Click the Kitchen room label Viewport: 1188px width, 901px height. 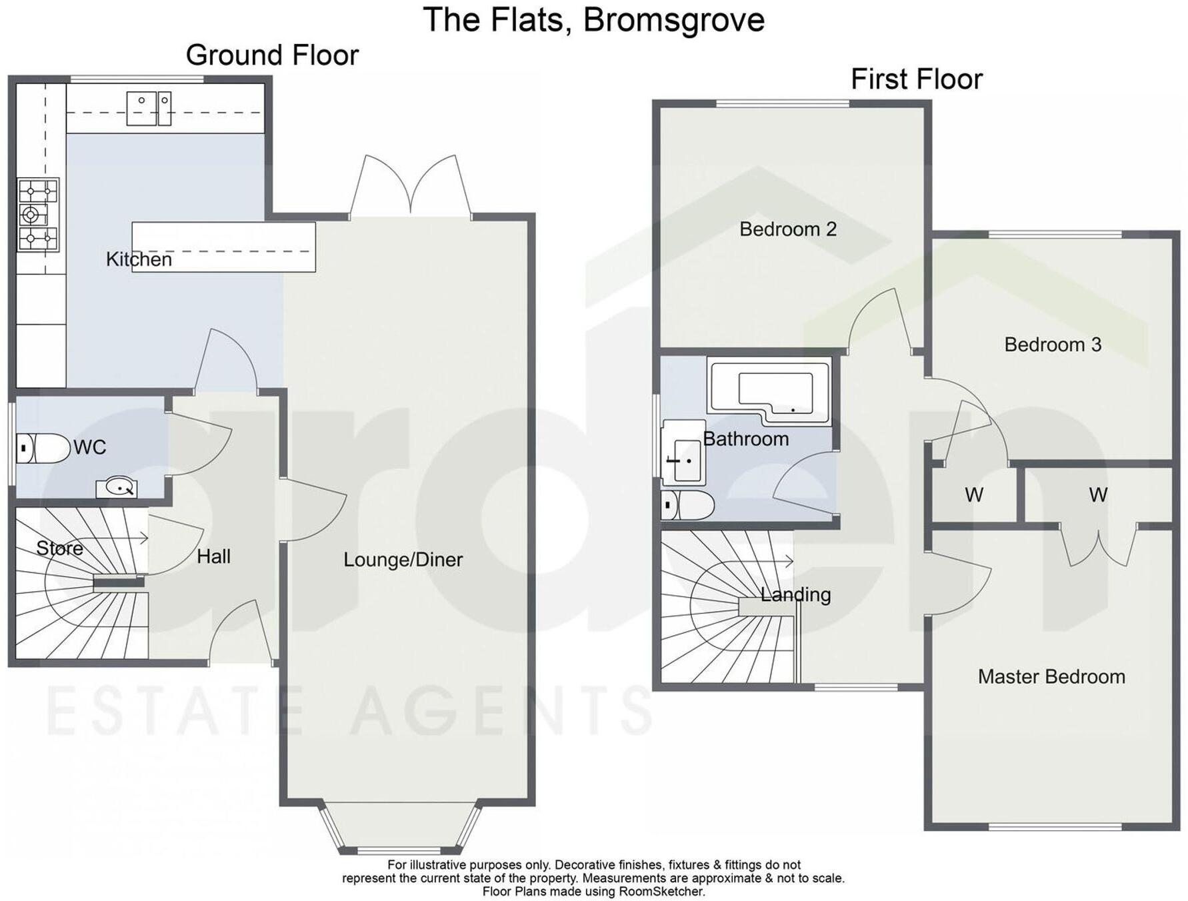(x=139, y=259)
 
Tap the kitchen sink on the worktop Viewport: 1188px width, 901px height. (x=148, y=109)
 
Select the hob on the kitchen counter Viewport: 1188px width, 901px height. (x=38, y=215)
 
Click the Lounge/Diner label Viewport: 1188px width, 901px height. (x=403, y=560)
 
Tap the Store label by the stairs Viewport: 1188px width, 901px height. (x=59, y=548)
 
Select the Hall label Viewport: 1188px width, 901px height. (x=213, y=556)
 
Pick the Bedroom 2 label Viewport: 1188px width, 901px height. (x=787, y=229)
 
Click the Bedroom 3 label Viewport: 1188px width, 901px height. (x=1052, y=345)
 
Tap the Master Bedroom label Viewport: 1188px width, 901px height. (x=1051, y=677)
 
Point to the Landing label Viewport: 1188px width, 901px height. (x=795, y=594)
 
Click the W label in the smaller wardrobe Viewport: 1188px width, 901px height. (x=973, y=495)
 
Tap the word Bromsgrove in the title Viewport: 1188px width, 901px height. (x=673, y=20)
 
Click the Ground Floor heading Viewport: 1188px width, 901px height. (x=272, y=55)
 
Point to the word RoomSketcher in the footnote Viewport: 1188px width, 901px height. (x=661, y=891)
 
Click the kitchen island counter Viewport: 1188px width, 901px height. (x=224, y=247)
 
